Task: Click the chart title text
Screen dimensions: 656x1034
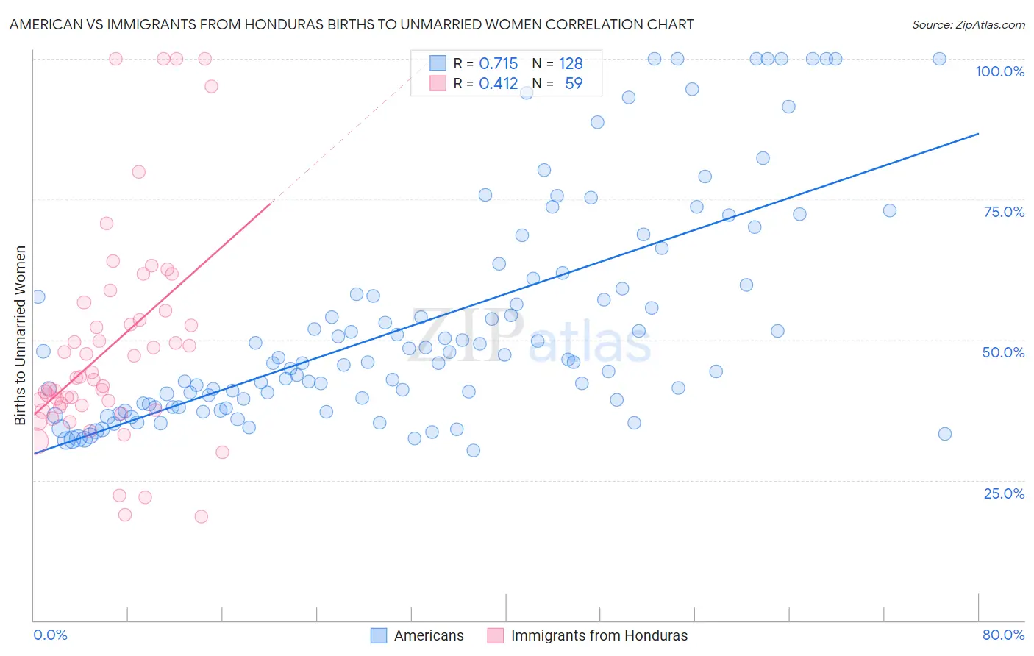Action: tap(352, 25)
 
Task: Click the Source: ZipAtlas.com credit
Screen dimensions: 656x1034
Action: tap(968, 25)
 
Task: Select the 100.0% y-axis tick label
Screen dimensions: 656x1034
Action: tap(999, 72)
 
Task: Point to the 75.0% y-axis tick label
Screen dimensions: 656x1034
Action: tap(1004, 213)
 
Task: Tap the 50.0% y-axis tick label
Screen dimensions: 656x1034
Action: tap(1003, 353)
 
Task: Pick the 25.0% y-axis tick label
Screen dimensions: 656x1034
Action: tap(1004, 493)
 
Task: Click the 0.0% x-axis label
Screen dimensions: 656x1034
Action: tap(50, 635)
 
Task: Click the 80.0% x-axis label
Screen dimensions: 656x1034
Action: tap(1003, 635)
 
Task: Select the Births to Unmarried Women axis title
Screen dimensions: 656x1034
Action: tap(21, 335)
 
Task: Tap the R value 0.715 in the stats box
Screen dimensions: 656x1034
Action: tap(499, 64)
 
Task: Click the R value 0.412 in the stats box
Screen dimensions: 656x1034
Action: tap(499, 84)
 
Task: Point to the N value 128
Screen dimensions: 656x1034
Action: tap(571, 64)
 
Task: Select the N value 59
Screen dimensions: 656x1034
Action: tap(574, 84)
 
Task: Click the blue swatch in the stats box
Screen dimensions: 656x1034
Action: tap(438, 63)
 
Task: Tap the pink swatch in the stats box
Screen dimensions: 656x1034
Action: tap(438, 83)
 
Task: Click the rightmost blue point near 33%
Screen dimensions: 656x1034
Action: tap(945, 434)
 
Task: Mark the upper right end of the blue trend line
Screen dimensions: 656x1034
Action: tap(978, 133)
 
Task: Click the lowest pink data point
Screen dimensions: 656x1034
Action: tap(201, 517)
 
